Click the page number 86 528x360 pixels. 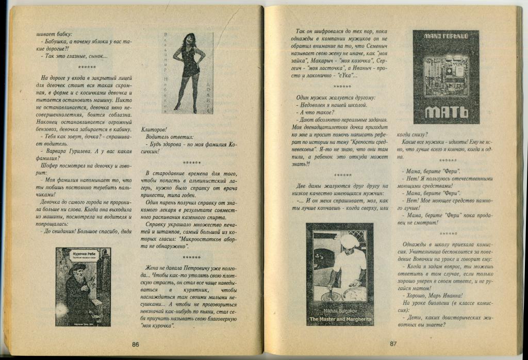[135, 345]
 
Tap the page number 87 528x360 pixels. [393, 344]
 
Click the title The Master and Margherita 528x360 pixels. [340, 320]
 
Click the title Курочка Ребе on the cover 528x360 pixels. [83, 255]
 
